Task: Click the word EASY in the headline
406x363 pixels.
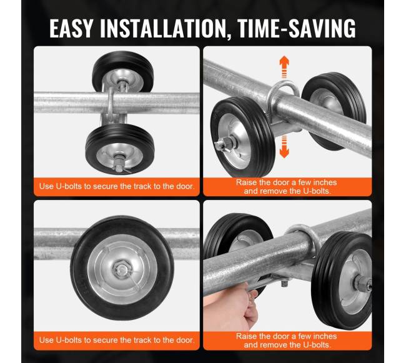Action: (71, 29)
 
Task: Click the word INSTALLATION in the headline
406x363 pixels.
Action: (163, 29)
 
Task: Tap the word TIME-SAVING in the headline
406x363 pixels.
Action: (296, 29)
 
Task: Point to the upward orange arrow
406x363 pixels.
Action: (284, 67)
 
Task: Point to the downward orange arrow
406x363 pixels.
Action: (284, 146)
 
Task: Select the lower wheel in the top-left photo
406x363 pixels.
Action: (120, 149)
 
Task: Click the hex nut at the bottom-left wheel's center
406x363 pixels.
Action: (122, 269)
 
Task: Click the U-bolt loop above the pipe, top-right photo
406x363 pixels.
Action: (283, 89)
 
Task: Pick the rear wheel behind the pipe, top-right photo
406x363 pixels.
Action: (334, 111)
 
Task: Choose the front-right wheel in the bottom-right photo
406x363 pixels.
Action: (342, 280)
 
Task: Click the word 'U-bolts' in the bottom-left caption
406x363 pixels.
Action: (69, 340)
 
